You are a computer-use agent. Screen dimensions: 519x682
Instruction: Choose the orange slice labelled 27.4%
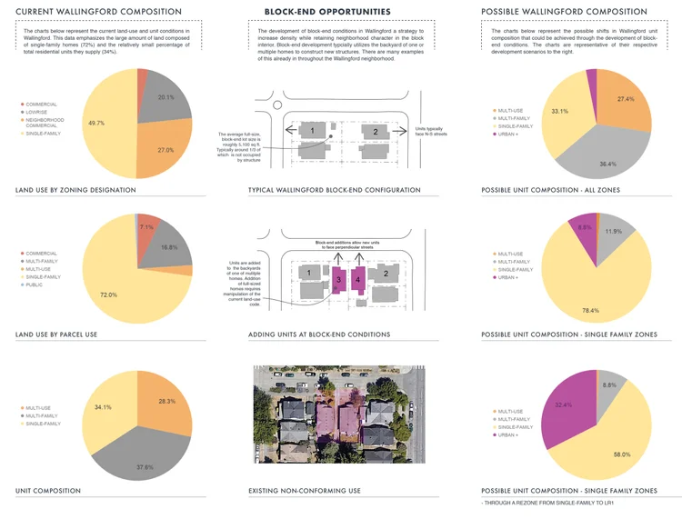(626, 99)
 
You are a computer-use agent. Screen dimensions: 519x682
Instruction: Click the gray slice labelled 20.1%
(165, 97)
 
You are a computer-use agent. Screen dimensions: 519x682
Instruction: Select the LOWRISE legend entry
(41, 112)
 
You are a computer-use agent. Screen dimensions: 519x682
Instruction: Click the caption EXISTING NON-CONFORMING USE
(305, 491)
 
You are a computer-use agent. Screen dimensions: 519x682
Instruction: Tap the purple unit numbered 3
(337, 281)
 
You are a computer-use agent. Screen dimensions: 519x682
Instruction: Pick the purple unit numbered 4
(357, 281)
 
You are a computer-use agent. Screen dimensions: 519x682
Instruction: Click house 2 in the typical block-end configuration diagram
(376, 132)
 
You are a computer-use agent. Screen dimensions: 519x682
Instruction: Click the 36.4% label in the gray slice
(607, 164)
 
